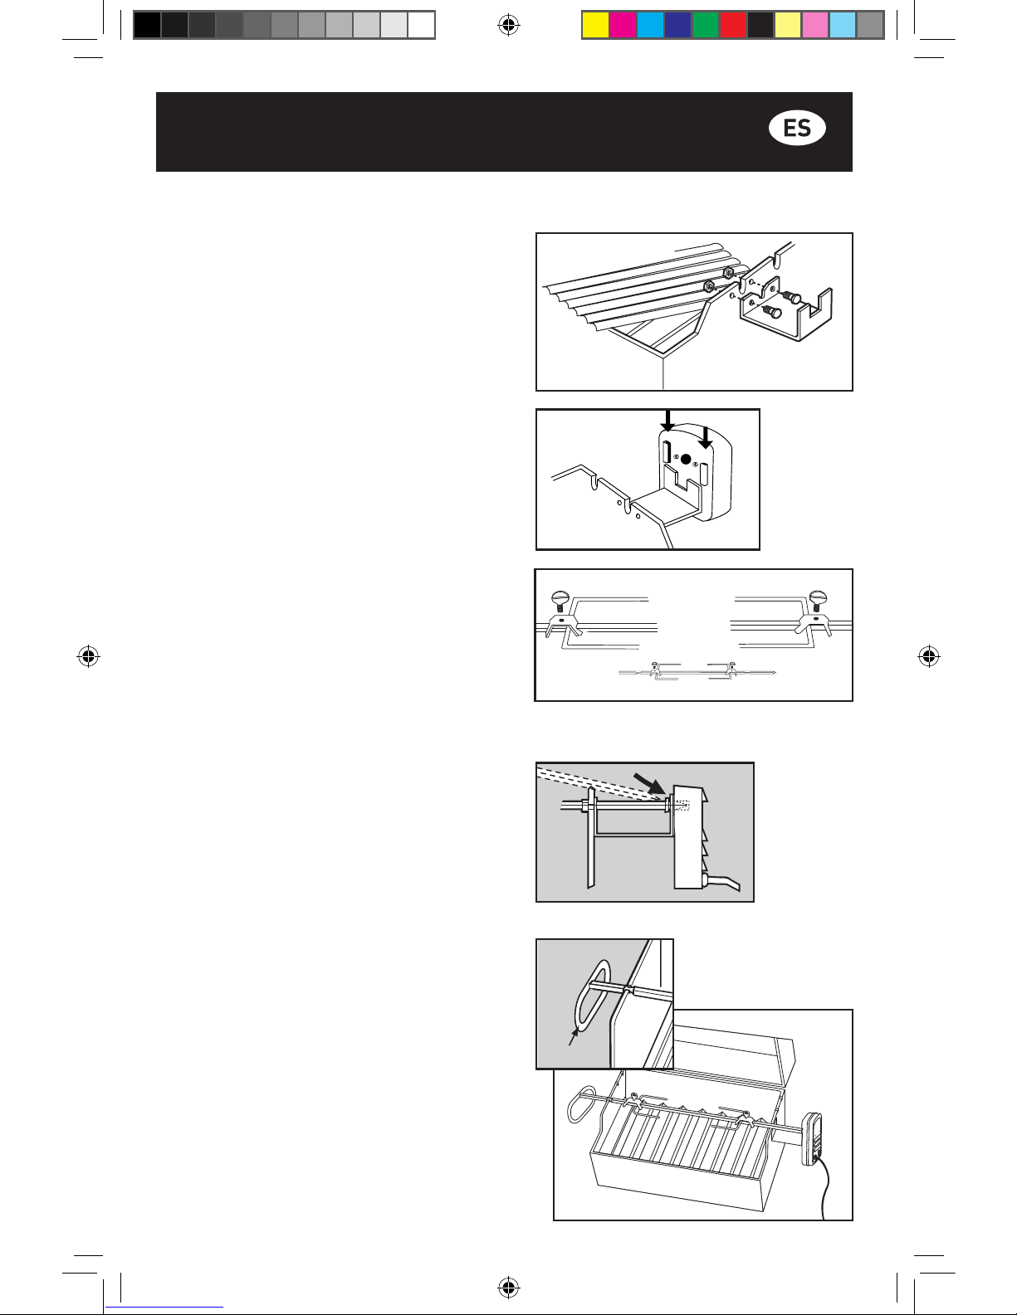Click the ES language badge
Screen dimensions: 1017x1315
(x=797, y=129)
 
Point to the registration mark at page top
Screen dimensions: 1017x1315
(x=508, y=26)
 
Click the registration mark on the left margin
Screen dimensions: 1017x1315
(x=88, y=656)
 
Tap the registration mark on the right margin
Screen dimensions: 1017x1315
(x=929, y=656)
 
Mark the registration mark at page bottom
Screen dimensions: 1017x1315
(x=508, y=1288)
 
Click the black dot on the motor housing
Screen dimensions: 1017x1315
(x=685, y=460)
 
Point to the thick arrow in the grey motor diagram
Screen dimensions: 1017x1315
(x=650, y=784)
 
